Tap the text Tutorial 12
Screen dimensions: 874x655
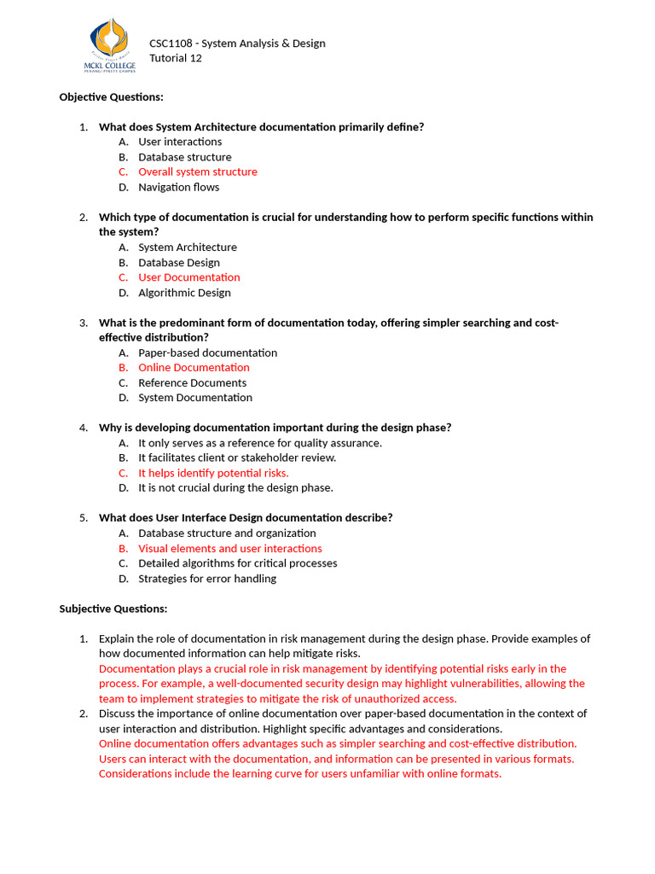176,58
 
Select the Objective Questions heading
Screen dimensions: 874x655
111,97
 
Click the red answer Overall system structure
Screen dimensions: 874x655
197,172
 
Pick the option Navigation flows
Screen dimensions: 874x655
178,187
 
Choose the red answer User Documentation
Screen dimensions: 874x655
188,277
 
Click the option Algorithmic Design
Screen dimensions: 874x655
184,293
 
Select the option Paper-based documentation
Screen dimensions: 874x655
207,353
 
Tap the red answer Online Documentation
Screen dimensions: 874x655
194,368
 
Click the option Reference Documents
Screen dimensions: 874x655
192,383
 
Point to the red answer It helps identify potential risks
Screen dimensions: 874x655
213,473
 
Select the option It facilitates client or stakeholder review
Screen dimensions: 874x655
237,457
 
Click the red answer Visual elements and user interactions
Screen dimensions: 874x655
229,549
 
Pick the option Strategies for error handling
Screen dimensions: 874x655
207,579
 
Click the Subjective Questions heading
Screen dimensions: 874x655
113,609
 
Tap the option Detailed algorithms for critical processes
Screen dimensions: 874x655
237,563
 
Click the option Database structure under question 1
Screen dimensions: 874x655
184,157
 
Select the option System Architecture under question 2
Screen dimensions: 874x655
188,248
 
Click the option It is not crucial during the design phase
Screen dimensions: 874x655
235,488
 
